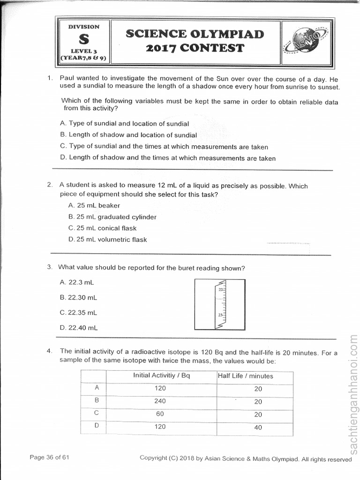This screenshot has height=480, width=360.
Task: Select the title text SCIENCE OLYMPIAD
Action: point(195,34)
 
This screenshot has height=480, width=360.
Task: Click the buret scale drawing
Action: point(220,305)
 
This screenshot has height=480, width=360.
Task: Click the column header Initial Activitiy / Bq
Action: point(162,375)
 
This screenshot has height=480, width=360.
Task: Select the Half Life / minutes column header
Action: point(245,376)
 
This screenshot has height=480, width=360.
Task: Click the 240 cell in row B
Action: point(160,401)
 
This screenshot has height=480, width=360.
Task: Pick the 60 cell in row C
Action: point(160,414)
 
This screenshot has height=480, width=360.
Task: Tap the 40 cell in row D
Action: point(258,427)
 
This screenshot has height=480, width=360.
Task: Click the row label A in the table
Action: point(97,388)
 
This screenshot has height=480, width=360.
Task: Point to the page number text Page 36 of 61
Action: point(49,457)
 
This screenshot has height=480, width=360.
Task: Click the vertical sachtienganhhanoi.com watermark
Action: point(353,394)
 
